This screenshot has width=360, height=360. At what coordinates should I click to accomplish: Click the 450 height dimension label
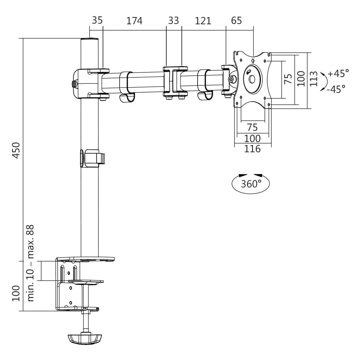[x=16, y=150]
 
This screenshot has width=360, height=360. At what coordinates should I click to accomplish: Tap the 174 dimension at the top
[x=135, y=21]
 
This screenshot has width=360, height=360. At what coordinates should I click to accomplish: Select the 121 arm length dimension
[x=203, y=21]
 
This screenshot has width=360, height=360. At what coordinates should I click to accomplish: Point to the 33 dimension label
[x=173, y=21]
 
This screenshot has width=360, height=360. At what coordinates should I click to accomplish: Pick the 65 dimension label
[x=237, y=20]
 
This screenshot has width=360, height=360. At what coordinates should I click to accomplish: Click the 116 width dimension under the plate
[x=252, y=149]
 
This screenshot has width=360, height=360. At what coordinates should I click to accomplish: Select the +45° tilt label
[x=339, y=73]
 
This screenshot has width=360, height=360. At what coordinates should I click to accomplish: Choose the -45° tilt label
[x=336, y=89]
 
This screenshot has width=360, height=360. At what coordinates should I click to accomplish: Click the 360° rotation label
[x=251, y=184]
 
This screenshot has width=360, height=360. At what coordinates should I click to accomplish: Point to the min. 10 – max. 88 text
[x=30, y=263]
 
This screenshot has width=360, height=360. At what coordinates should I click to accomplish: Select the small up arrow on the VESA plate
[x=253, y=60]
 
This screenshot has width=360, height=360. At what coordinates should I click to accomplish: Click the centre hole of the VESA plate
[x=252, y=79]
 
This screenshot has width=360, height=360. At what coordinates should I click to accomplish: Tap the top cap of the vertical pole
[x=90, y=39]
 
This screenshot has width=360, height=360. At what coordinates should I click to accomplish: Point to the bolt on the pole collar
[x=74, y=84]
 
